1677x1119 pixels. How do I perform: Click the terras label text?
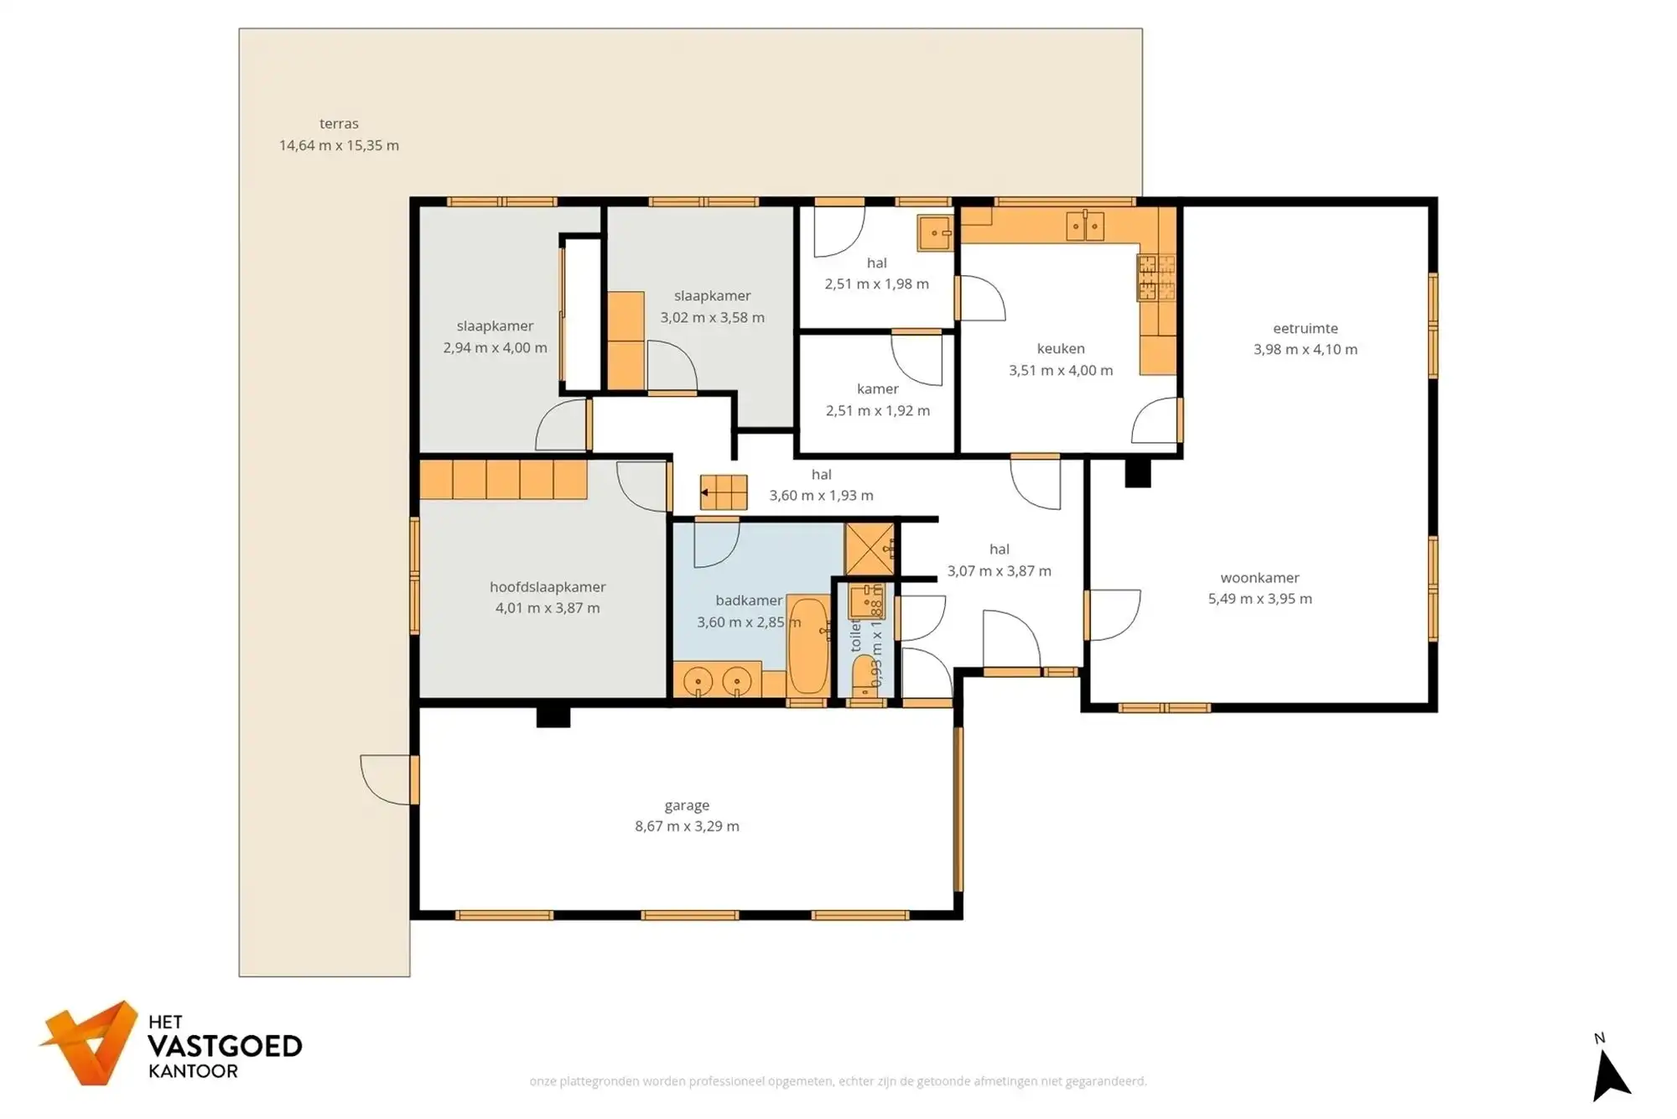pyautogui.click(x=339, y=123)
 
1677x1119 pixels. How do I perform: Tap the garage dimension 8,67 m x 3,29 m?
pyautogui.click(x=687, y=826)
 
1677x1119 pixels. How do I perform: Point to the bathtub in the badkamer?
pyautogui.click(x=808, y=645)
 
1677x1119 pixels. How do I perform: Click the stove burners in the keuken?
pyautogui.click(x=1155, y=278)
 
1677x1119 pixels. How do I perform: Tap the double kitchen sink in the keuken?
pyautogui.click(x=1084, y=226)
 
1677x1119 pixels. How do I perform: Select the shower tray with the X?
pyautogui.click(x=870, y=549)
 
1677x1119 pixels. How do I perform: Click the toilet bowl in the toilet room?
pyautogui.click(x=863, y=676)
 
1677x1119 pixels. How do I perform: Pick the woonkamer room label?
pyautogui.click(x=1259, y=577)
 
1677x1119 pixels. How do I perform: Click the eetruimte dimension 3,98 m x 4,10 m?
pyautogui.click(x=1305, y=350)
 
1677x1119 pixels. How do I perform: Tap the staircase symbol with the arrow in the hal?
pyautogui.click(x=723, y=492)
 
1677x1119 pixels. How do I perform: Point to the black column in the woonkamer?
pyautogui.click(x=1137, y=473)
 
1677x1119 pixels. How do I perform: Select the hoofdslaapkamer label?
pyautogui.click(x=548, y=586)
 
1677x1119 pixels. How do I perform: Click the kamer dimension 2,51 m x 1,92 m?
pyautogui.click(x=877, y=411)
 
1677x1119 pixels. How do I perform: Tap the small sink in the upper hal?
pyautogui.click(x=934, y=233)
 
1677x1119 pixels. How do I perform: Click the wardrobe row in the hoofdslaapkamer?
pyautogui.click(x=502, y=480)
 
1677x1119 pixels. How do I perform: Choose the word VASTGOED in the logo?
pyautogui.click(x=225, y=1046)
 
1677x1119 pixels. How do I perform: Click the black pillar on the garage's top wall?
pyautogui.click(x=553, y=716)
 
